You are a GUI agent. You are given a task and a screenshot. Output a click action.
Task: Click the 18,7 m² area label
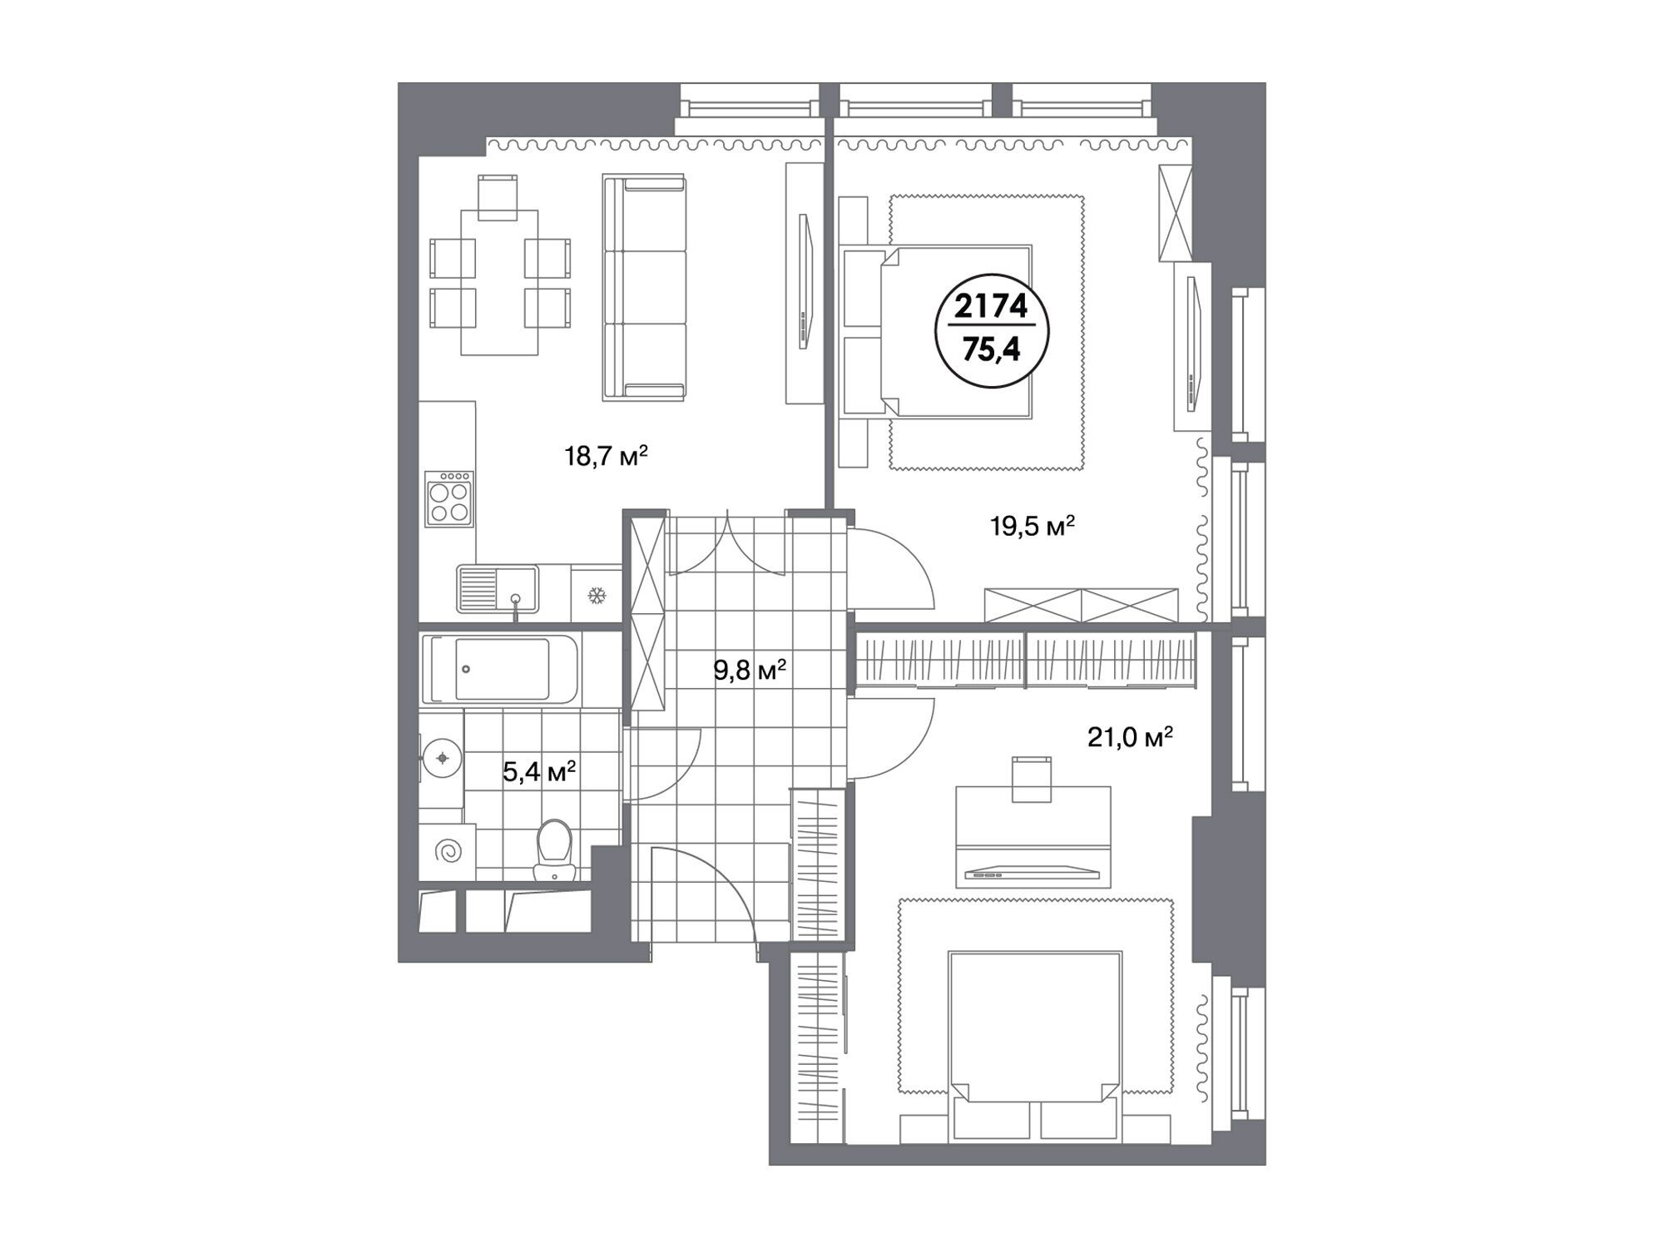click(x=606, y=456)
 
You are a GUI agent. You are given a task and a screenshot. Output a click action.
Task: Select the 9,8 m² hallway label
click(x=750, y=670)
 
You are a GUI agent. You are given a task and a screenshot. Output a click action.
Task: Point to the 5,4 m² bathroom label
click(x=539, y=772)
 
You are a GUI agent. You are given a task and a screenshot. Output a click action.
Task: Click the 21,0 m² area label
click(x=1130, y=736)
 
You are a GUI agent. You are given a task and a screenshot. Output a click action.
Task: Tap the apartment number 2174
click(x=991, y=308)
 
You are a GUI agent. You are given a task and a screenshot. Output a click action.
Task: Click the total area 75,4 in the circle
click(x=991, y=349)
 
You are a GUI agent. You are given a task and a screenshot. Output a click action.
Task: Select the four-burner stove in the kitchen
click(x=449, y=499)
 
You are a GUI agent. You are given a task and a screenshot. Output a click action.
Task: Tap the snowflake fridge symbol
click(x=596, y=596)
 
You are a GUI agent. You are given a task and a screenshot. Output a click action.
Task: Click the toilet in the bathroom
click(x=555, y=850)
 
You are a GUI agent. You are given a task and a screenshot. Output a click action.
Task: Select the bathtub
click(x=499, y=669)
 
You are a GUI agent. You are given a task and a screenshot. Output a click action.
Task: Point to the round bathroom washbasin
click(x=442, y=758)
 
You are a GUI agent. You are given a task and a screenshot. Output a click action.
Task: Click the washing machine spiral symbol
click(x=449, y=852)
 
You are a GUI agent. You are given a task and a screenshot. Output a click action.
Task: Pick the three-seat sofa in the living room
click(x=645, y=287)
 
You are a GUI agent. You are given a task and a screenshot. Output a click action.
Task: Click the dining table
click(x=499, y=283)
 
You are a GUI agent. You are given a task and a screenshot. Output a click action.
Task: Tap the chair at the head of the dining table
click(x=498, y=197)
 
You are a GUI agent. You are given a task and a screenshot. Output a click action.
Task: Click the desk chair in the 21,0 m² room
click(x=1032, y=779)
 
